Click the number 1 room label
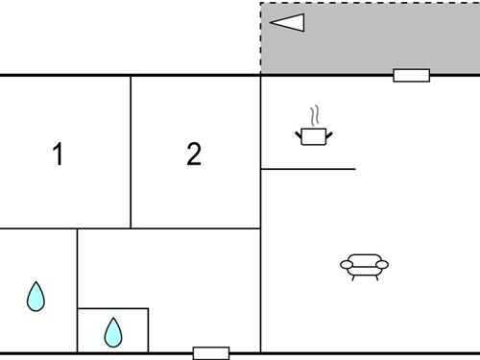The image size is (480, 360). pos(58,154)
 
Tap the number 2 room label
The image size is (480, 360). pos(194,154)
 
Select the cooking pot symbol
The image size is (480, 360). pos(313,136)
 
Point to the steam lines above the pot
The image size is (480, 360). pos(313,116)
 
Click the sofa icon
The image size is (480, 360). pos(364,265)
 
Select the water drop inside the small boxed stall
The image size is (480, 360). pos(113,332)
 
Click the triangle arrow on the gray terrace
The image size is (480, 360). pos(287,22)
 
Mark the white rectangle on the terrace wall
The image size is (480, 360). pos(411,75)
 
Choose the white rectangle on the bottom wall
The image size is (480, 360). pos(210,352)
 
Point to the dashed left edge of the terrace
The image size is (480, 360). pos(261,38)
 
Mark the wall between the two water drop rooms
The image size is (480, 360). pos(77,288)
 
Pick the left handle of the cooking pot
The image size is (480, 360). pos(299,134)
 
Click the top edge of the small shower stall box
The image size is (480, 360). pos(112,308)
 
